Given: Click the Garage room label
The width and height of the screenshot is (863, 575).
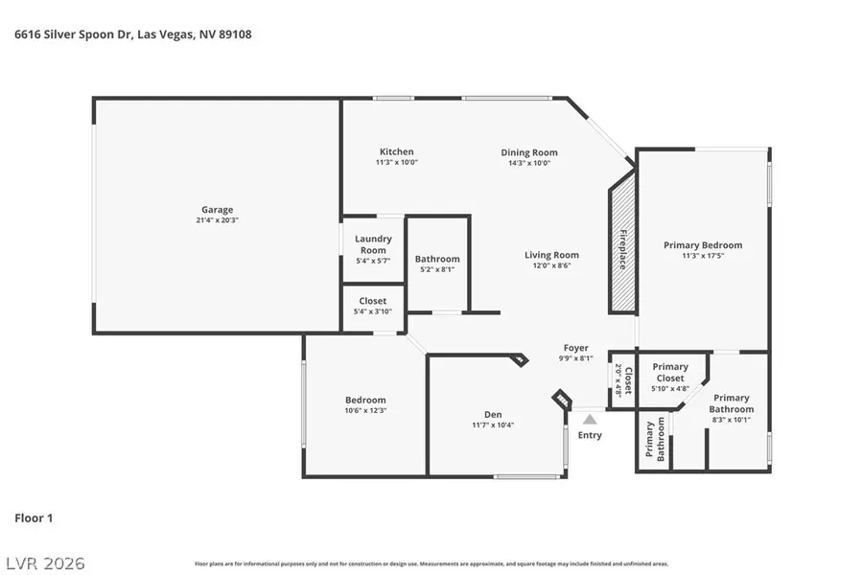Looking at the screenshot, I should point(217,210).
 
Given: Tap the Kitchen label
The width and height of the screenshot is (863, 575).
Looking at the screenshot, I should point(396,151).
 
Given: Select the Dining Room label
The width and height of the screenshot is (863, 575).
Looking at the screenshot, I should point(528,152).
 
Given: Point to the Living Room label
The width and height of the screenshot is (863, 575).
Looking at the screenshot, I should point(551,255).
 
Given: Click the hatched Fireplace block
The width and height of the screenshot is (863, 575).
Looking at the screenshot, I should point(622,249).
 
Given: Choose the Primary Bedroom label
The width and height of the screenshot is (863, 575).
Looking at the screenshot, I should point(703,245).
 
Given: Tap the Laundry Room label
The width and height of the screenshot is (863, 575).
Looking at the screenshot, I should point(372,244).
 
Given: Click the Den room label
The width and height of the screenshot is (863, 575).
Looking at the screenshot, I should point(493,415).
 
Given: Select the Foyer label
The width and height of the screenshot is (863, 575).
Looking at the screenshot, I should point(575,348).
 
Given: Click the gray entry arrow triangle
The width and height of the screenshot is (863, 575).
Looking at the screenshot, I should point(590,419).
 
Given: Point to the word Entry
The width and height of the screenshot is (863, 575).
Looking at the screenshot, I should point(590,435).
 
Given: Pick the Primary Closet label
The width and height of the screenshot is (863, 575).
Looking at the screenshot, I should point(670,372).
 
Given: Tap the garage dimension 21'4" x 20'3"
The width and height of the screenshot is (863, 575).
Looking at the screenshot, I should point(217,220).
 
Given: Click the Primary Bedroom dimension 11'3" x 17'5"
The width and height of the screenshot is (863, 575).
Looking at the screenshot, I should point(703,256).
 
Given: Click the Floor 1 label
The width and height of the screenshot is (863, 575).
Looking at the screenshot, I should point(34,518).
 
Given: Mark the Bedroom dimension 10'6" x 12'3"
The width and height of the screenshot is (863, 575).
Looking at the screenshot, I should point(365,410).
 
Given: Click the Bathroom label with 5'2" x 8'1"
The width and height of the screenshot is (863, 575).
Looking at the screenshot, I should point(437,259).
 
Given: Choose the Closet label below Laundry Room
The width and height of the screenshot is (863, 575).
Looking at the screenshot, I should point(372,301).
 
